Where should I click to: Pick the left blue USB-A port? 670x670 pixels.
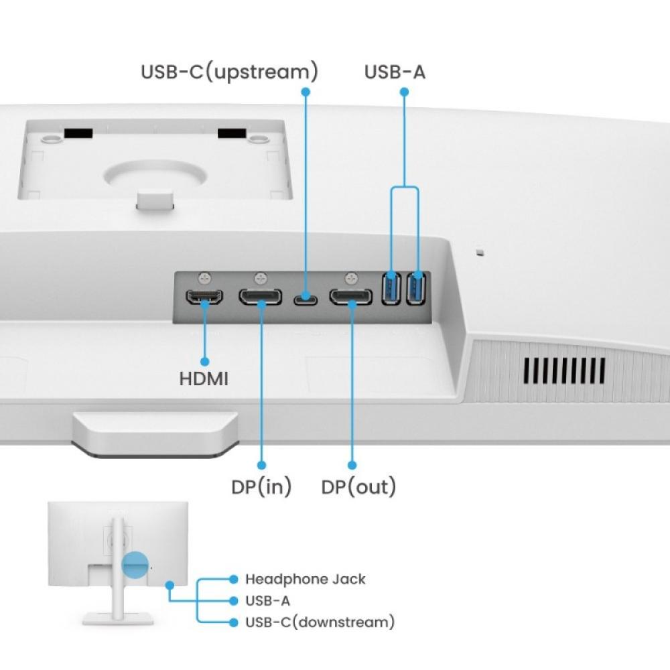click(391, 288)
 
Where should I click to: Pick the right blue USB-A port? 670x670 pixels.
click(417, 288)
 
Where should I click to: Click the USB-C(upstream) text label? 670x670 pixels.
click(229, 72)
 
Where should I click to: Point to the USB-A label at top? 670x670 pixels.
click(395, 72)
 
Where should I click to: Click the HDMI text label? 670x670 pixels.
click(204, 379)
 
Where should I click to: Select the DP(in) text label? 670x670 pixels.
click(261, 486)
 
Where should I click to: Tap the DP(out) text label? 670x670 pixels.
click(358, 486)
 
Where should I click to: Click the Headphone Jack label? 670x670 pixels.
click(306, 579)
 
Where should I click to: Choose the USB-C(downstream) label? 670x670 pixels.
click(320, 622)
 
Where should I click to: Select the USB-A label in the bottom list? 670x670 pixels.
click(267, 601)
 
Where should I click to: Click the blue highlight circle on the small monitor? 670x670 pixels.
click(134, 565)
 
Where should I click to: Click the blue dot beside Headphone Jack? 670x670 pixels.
click(233, 579)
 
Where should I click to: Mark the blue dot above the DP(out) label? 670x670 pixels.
click(352, 465)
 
